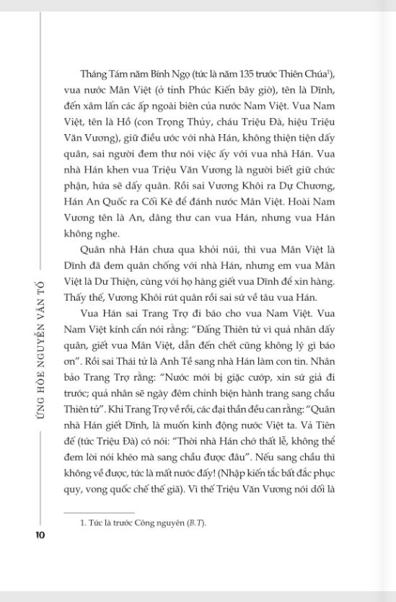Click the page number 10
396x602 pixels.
(x=40, y=534)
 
